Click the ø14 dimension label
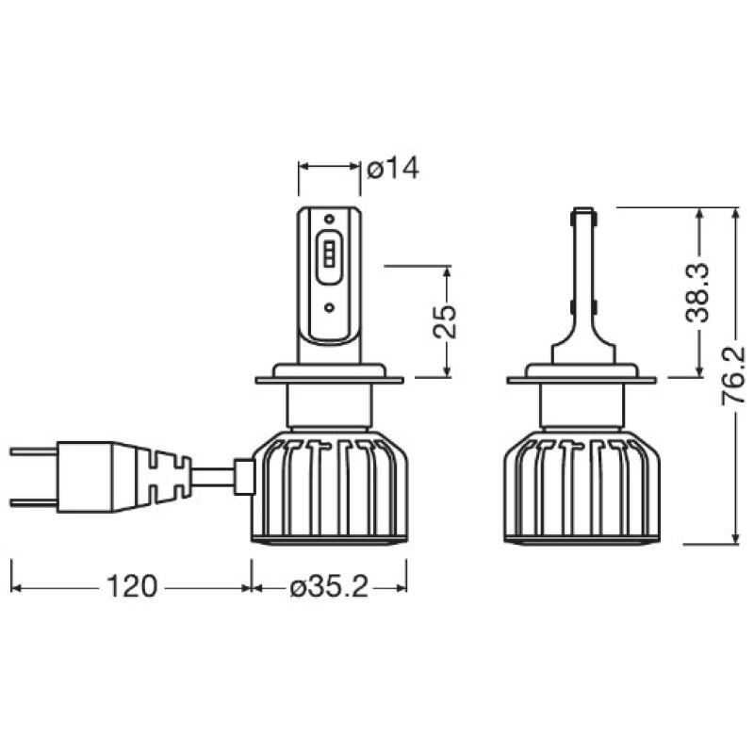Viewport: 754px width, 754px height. pyautogui.click(x=391, y=169)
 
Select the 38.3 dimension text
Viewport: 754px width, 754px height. pyautogui.click(x=697, y=293)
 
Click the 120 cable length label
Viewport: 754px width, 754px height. pyautogui.click(x=131, y=588)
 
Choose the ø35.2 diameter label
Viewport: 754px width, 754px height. pyautogui.click(x=329, y=588)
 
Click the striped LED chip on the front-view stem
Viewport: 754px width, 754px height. pyautogui.click(x=329, y=254)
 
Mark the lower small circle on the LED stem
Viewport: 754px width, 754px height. pyautogui.click(x=329, y=307)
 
